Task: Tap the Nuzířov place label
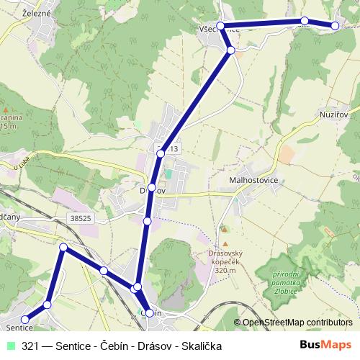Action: pos(338,114)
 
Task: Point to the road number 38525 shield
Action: pos(81,216)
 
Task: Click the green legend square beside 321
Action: pos(9,346)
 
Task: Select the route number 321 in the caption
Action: pos(30,346)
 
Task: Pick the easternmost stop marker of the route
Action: pos(335,26)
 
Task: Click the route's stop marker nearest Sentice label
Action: pos(24,319)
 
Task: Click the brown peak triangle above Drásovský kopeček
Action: pos(223,230)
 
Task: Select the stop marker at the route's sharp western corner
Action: pos(63,248)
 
